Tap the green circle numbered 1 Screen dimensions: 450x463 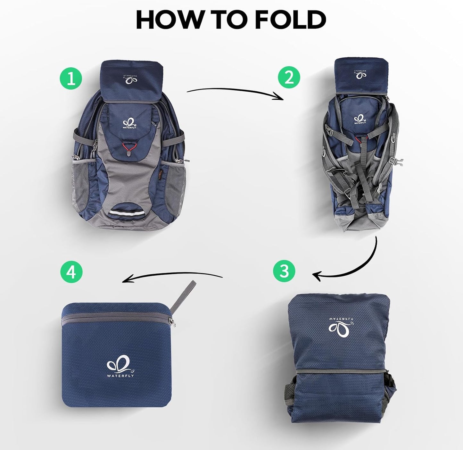tap(71, 78)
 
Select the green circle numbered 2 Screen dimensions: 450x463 tap(289, 78)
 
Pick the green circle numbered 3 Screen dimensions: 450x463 tap(284, 271)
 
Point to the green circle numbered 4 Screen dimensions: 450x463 tap(71, 272)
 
